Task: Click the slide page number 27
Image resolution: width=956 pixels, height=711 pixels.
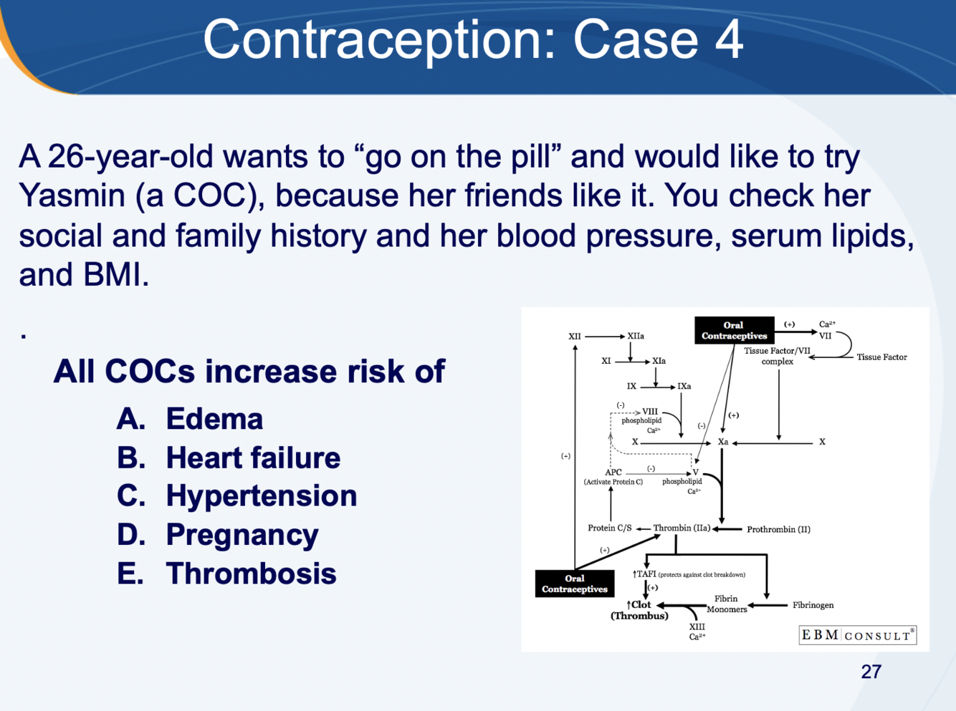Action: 871,672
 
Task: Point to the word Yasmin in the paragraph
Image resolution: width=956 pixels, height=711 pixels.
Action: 72,195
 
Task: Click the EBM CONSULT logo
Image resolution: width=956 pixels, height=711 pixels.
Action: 857,635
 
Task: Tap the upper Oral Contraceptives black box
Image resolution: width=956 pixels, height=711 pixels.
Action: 734,330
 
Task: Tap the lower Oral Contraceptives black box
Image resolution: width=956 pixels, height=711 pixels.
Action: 574,584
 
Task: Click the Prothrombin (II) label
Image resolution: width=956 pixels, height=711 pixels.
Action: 778,530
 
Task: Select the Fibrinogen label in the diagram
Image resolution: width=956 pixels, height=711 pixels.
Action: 813,605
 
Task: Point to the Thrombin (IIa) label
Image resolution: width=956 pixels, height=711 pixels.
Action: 682,528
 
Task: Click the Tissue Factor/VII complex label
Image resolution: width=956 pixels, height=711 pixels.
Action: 777,356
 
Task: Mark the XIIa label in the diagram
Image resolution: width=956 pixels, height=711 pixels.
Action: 636,336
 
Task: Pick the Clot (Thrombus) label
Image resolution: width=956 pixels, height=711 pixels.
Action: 639,610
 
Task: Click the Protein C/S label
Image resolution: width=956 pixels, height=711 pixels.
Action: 609,528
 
